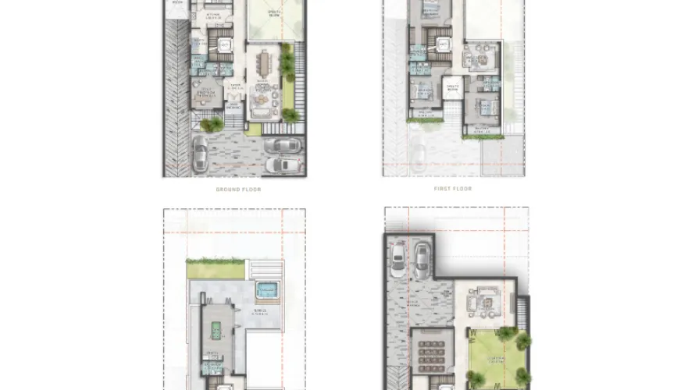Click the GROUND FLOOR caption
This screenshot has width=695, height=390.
pos(238,190)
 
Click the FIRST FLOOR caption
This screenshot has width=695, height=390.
pos(453,189)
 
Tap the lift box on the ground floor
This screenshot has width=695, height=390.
pos(223,46)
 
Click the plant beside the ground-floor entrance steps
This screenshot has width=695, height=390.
pos(211,122)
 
